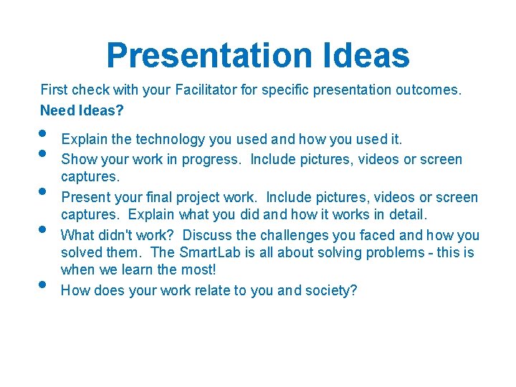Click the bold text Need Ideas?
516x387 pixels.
click(82, 110)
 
